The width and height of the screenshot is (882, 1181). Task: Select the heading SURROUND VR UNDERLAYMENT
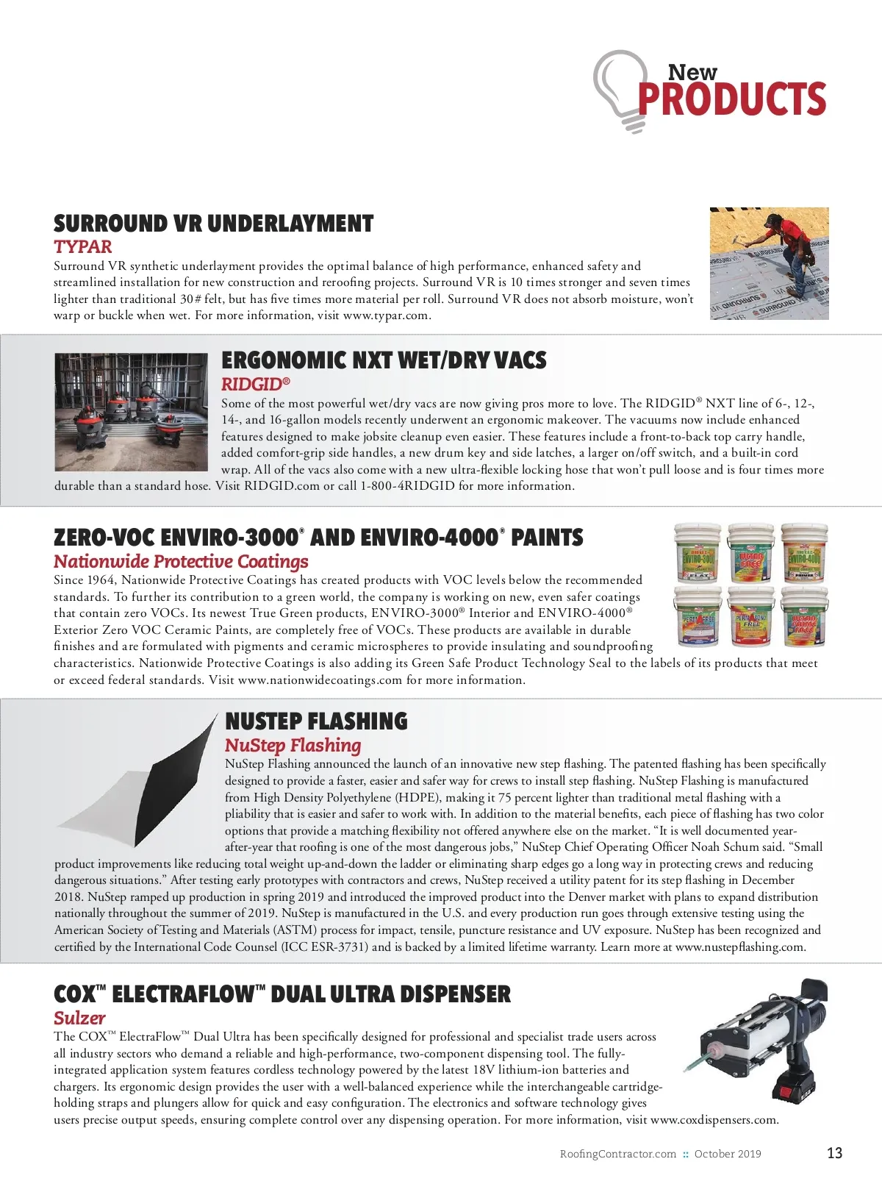tap(213, 224)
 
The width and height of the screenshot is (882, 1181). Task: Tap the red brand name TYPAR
tap(82, 247)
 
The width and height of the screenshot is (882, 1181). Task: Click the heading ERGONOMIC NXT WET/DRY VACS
tap(384, 360)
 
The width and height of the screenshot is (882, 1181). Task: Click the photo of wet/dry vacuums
tap(131, 412)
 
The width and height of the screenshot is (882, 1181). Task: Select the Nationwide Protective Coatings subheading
tap(181, 562)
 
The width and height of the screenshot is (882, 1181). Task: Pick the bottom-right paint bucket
tap(803, 616)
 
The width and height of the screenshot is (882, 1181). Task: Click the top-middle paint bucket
tap(750, 553)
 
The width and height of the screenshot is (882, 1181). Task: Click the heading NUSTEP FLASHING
tap(316, 721)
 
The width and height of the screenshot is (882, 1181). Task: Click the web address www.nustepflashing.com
tap(739, 947)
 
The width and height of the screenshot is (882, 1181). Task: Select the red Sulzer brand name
tap(79, 1018)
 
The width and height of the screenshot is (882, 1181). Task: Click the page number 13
tap(834, 1153)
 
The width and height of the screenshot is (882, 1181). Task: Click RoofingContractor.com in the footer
tap(617, 1154)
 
